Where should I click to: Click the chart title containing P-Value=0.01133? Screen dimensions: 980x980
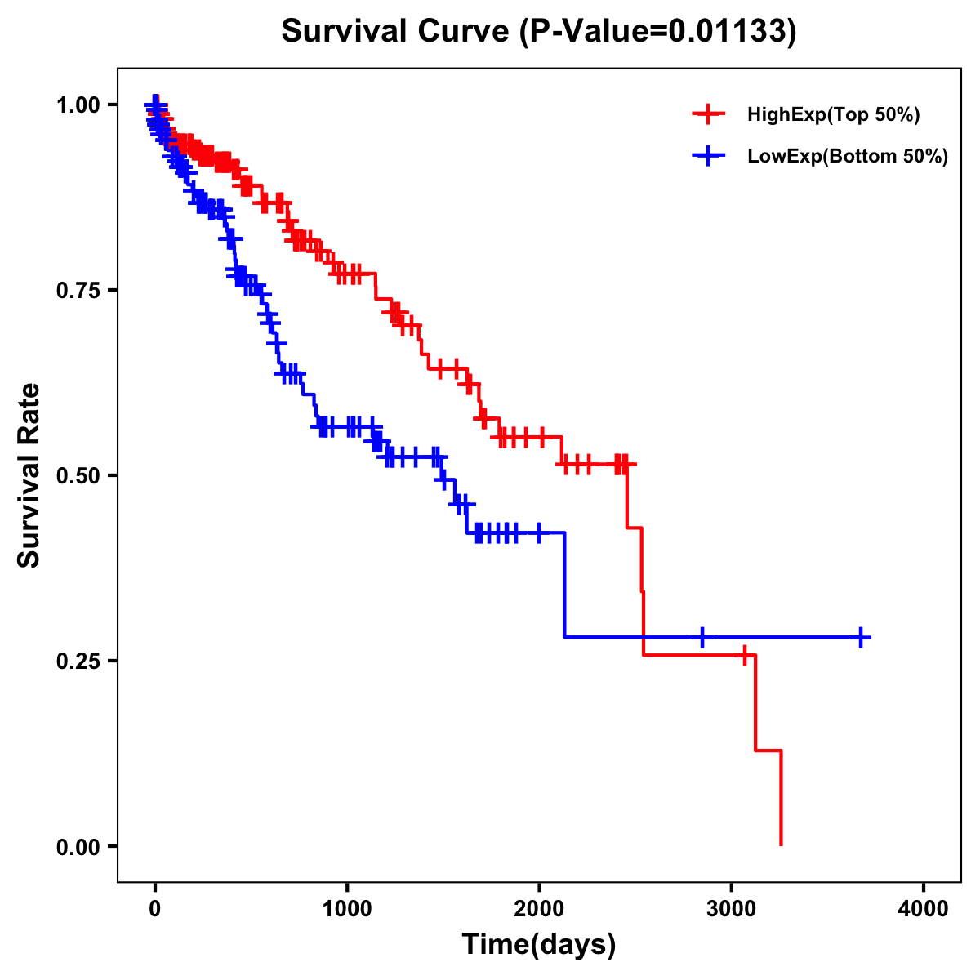[539, 31]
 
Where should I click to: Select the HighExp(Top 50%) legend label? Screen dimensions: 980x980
[833, 115]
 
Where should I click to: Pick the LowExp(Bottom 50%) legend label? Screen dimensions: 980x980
[848, 157]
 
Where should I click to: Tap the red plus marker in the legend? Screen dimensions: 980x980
[709, 115]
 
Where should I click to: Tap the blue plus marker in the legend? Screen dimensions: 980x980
[709, 157]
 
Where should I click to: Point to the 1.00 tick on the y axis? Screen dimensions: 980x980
[78, 105]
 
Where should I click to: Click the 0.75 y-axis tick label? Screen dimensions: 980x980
[78, 290]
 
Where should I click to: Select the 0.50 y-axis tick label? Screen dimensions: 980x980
[78, 475]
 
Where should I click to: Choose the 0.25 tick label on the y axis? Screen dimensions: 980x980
[78, 661]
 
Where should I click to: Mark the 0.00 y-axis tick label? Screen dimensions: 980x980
[78, 846]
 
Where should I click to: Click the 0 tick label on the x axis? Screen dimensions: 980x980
[155, 910]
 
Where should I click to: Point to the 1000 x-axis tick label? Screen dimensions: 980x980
[347, 910]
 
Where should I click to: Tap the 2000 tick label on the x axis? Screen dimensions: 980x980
[539, 910]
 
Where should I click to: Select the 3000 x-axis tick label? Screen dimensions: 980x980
[732, 910]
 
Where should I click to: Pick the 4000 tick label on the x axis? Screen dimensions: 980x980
[924, 910]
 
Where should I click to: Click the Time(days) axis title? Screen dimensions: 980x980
[539, 944]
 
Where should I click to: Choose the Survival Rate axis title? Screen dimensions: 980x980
[29, 475]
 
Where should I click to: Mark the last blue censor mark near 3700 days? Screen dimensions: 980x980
[861, 637]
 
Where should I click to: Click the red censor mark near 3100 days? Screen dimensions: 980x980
[744, 655]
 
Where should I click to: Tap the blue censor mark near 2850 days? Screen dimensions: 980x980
[702, 637]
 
